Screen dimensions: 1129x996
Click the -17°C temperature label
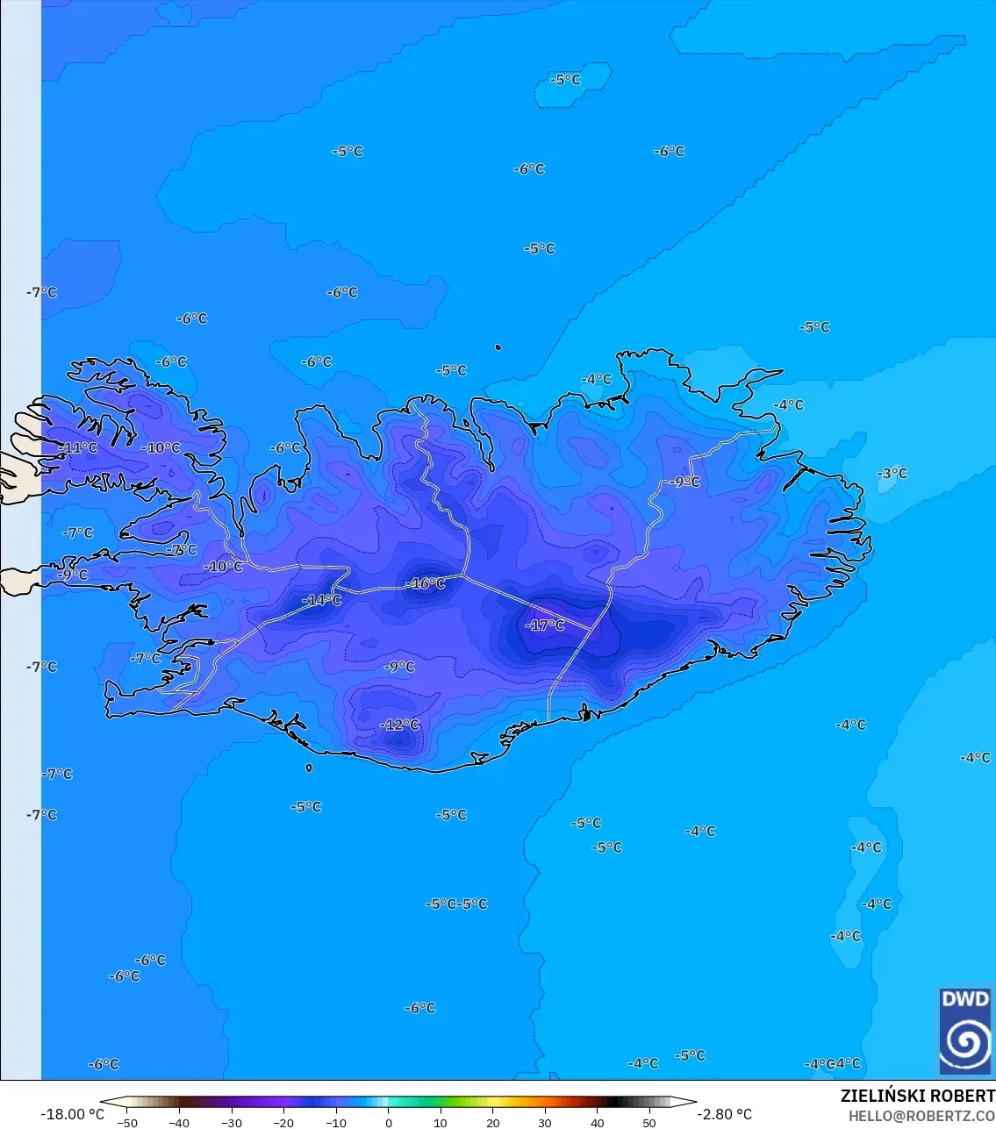546,625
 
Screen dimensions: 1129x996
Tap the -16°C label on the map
426,583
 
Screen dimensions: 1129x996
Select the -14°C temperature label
322,600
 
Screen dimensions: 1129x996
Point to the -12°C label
400,725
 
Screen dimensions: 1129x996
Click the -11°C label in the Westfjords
79,448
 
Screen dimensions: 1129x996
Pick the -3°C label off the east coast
892,474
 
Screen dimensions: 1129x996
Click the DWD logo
965,1031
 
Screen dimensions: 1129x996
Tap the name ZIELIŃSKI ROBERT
917,1096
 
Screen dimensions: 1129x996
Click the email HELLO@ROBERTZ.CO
921,1116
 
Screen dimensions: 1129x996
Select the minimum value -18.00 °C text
72,1114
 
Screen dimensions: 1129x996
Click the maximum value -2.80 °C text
724,1114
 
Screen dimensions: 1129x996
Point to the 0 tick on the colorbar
389,1123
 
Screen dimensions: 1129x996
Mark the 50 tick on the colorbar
648,1123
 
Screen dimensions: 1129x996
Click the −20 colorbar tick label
283,1123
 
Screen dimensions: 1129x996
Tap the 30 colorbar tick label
545,1123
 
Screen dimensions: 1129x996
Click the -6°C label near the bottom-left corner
104,1064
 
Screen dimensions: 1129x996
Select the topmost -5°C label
566,80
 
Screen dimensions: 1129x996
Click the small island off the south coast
309,768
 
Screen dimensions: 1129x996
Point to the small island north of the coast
498,347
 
